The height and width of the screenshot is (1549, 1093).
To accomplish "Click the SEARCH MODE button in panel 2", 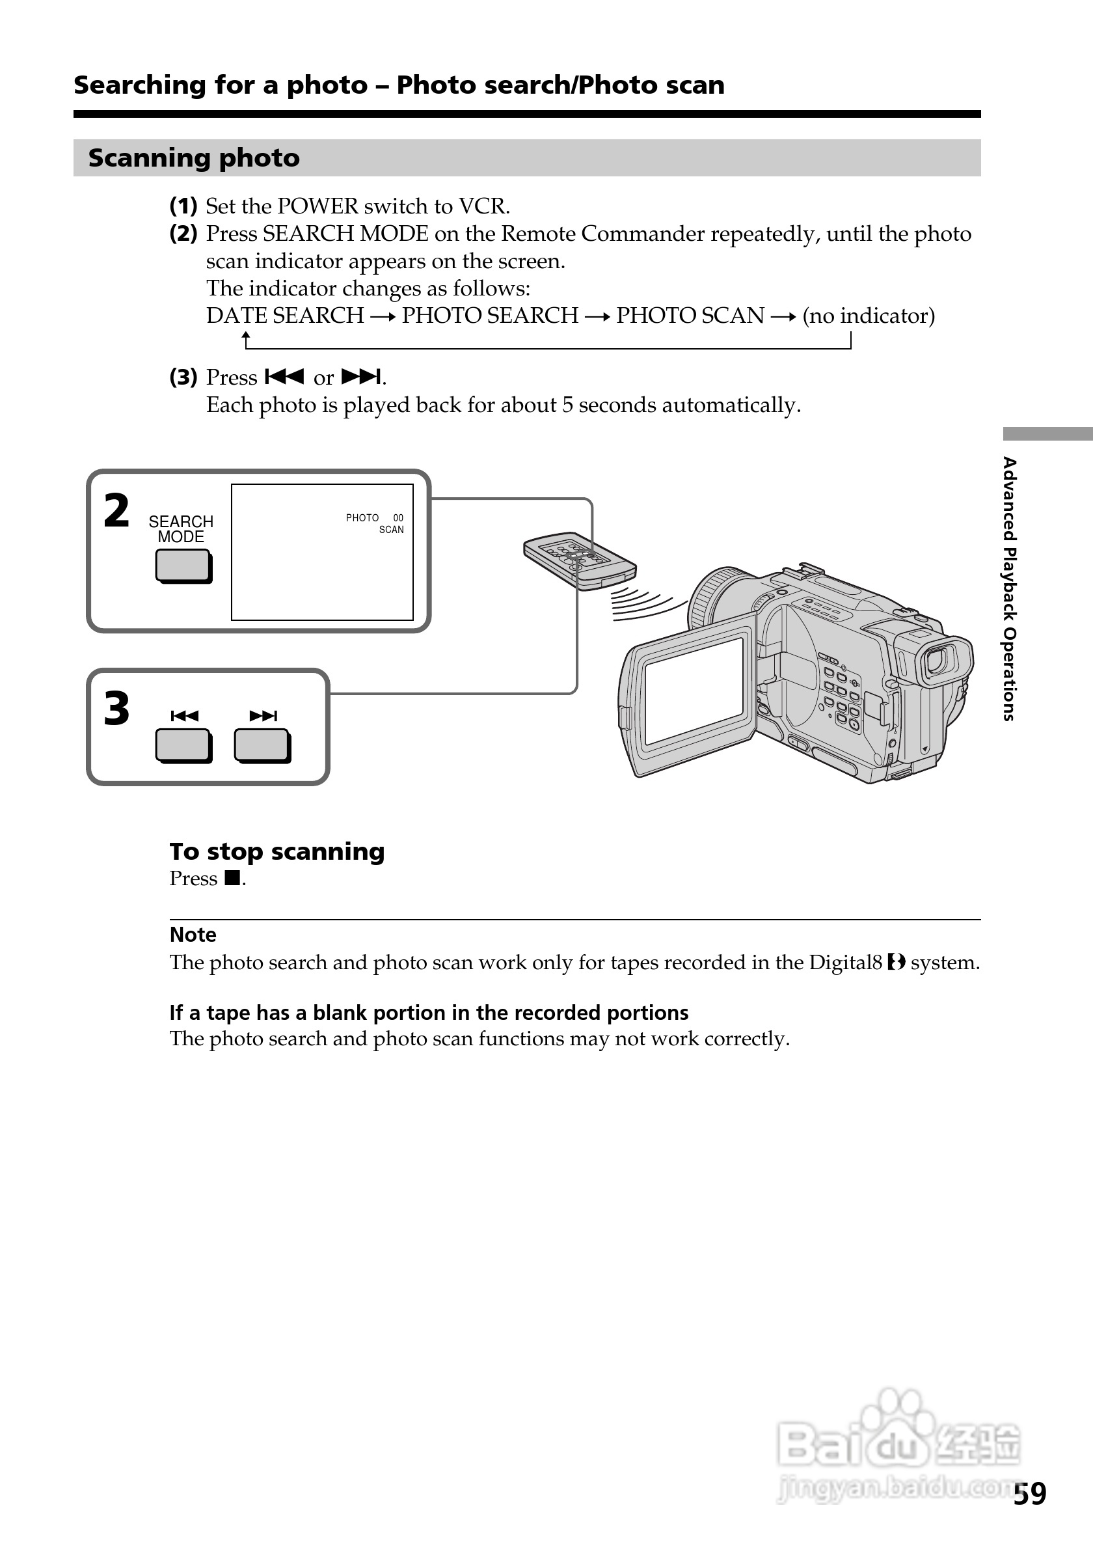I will [183, 566].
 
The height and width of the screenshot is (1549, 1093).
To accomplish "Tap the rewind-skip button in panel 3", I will [183, 745].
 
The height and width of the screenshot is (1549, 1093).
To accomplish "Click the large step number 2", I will [116, 511].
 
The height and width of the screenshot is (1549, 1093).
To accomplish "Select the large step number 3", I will [116, 709].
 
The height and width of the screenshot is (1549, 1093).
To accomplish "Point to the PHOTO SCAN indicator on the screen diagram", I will [375, 523].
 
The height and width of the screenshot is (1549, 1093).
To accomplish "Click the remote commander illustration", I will [580, 560].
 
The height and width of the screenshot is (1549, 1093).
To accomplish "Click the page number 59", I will [1030, 1494].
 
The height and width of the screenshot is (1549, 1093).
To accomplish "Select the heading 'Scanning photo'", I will [194, 158].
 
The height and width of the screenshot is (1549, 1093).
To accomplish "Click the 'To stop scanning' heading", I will [277, 851].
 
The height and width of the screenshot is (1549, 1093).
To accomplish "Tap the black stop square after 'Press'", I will [233, 878].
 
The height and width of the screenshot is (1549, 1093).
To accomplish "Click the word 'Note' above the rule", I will [193, 935].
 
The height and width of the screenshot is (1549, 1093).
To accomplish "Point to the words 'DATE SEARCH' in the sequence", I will [284, 316].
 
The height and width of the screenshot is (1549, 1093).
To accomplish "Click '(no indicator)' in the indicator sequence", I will [869, 316].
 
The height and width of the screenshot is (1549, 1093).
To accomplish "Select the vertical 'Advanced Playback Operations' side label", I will [1008, 588].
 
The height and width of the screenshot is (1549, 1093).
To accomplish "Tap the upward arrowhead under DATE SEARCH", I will [246, 335].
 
